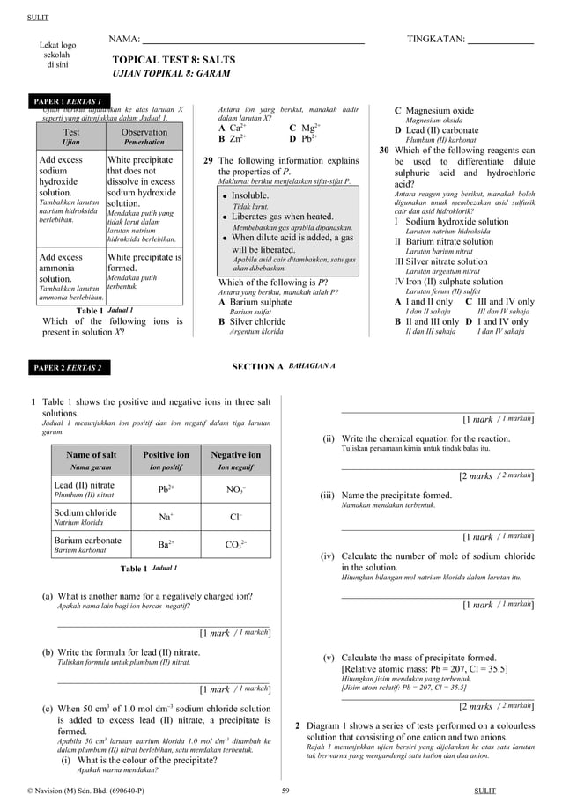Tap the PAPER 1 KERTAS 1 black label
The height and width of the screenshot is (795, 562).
67,101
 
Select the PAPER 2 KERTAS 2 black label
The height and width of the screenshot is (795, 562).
67,367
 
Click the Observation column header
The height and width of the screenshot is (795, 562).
144,136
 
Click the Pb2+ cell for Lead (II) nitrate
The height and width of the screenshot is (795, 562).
166,489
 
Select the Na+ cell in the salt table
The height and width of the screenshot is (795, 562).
166,517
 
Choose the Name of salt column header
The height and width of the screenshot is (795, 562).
91,460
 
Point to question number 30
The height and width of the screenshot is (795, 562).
384,151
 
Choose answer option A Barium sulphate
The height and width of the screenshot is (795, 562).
255,302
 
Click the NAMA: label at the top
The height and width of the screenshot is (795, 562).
124,40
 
